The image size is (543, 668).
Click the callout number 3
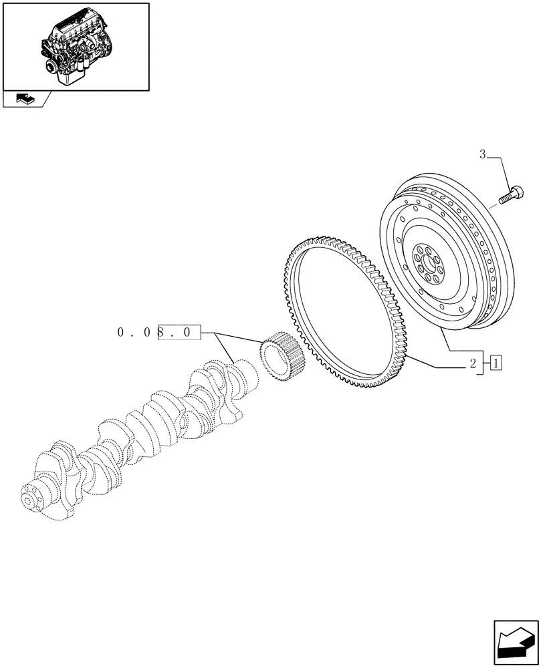[481, 156]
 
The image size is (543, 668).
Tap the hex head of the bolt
[517, 193]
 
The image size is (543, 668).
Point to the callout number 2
[472, 364]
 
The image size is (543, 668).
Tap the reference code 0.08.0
[158, 331]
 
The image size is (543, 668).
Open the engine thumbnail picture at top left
[76, 45]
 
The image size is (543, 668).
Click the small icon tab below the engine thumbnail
[22, 100]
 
